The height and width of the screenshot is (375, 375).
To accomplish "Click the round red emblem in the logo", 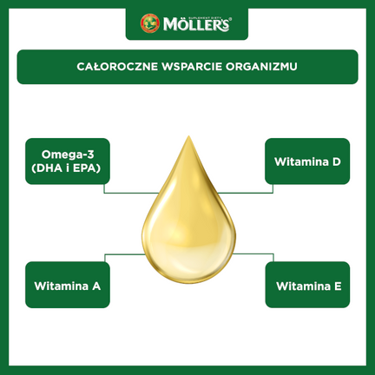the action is pyautogui.click(x=150, y=23).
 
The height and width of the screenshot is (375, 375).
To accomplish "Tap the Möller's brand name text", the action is pyautogui.click(x=196, y=24).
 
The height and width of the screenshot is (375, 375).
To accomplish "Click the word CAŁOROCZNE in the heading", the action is pyautogui.click(x=117, y=66).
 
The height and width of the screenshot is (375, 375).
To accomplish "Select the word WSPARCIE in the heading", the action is pyautogui.click(x=192, y=67).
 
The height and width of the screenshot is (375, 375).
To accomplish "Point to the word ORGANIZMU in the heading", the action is pyautogui.click(x=261, y=67).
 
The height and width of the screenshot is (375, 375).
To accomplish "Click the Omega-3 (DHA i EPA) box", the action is pyautogui.click(x=68, y=161).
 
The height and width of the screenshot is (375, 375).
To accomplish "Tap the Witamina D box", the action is pyautogui.click(x=307, y=161).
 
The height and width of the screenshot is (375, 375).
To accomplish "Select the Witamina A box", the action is pyautogui.click(x=68, y=285).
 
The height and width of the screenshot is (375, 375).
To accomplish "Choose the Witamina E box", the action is pyautogui.click(x=307, y=285).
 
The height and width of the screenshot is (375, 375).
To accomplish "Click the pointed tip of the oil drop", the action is pyautogui.click(x=188, y=135).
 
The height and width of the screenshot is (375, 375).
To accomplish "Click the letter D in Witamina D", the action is pyautogui.click(x=336, y=161).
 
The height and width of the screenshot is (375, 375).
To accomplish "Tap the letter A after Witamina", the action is pyautogui.click(x=96, y=286).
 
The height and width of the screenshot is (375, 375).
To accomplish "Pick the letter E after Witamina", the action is pyautogui.click(x=338, y=286).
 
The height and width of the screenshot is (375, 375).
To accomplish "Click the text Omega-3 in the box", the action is pyautogui.click(x=68, y=155).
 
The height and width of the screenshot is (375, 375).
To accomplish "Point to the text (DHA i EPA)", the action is pyautogui.click(x=66, y=168).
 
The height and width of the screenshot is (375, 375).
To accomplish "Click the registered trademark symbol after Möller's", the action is pyautogui.click(x=230, y=20).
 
